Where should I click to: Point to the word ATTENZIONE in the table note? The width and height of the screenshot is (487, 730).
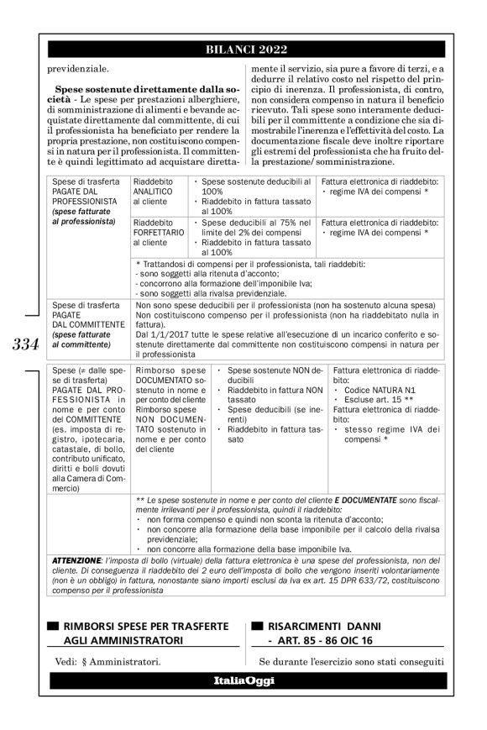pos(73,559)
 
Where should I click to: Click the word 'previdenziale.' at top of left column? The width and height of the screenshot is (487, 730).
pos(71,68)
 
